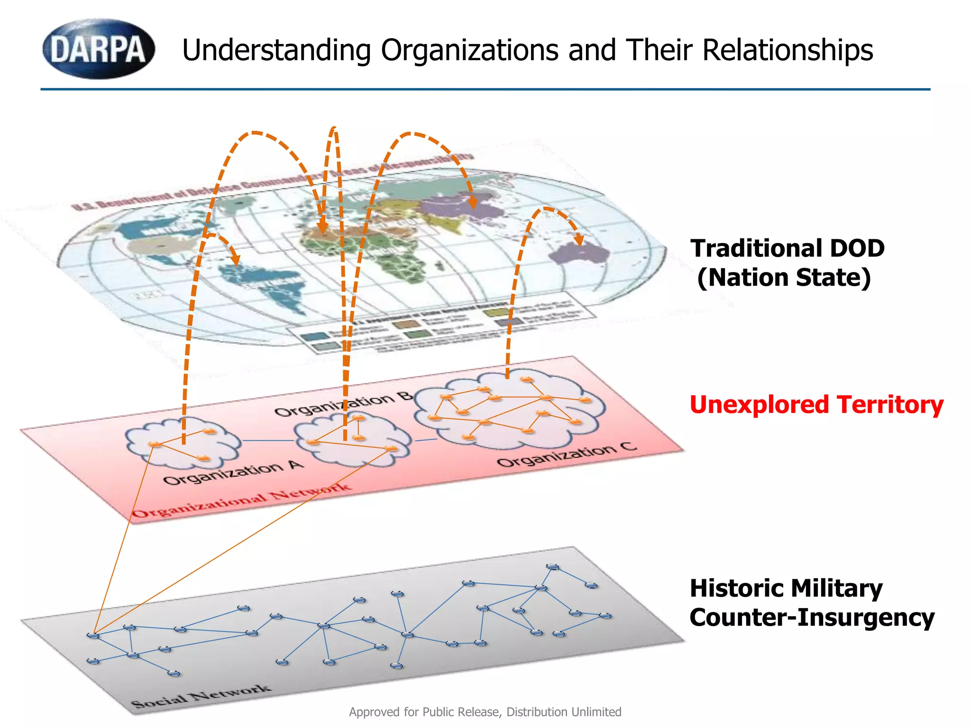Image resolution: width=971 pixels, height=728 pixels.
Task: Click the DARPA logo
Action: (x=99, y=49)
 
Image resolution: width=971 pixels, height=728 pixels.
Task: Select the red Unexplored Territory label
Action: (x=816, y=405)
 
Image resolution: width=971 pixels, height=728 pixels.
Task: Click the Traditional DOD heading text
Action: (x=787, y=248)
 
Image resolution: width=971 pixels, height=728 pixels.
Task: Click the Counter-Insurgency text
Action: (x=812, y=618)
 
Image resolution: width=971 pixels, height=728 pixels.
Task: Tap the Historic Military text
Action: (x=786, y=588)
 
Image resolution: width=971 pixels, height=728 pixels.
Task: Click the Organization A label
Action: (x=233, y=472)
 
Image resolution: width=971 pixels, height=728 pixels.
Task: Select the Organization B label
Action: (x=343, y=404)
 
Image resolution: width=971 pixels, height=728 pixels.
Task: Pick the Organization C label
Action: (x=567, y=454)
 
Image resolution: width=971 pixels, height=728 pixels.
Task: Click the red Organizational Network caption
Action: (x=242, y=500)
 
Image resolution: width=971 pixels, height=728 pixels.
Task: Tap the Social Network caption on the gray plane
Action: (x=201, y=696)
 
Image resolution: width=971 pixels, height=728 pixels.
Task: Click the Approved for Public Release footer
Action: (x=485, y=712)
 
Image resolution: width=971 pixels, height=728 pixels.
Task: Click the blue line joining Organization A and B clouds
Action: (x=268, y=441)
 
